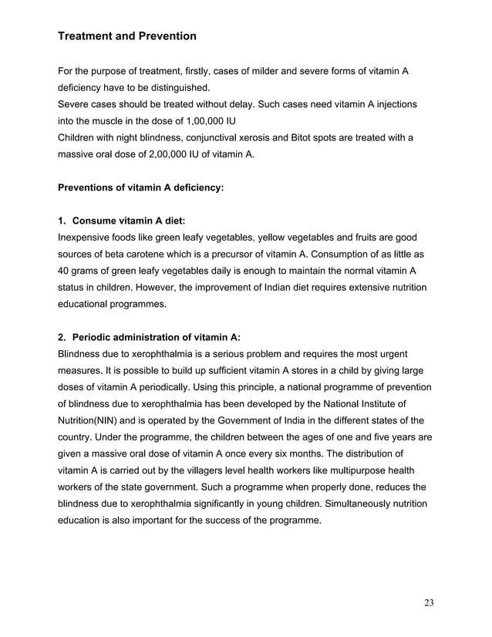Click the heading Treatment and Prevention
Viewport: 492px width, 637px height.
pyautogui.click(x=127, y=36)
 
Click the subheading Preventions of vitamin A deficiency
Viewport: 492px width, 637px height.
pyautogui.click(x=141, y=187)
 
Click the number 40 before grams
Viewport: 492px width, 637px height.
pyautogui.click(x=65, y=271)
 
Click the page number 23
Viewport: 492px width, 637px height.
pyautogui.click(x=429, y=602)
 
